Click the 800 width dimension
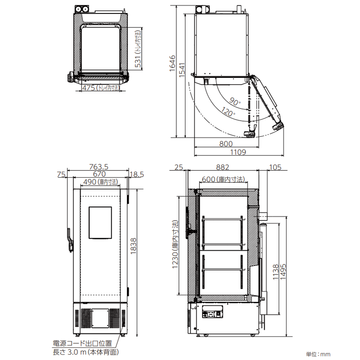(x=226, y=144)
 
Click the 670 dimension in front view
(x=99, y=174)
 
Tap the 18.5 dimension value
(x=136, y=174)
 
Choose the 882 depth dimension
(x=223, y=167)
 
